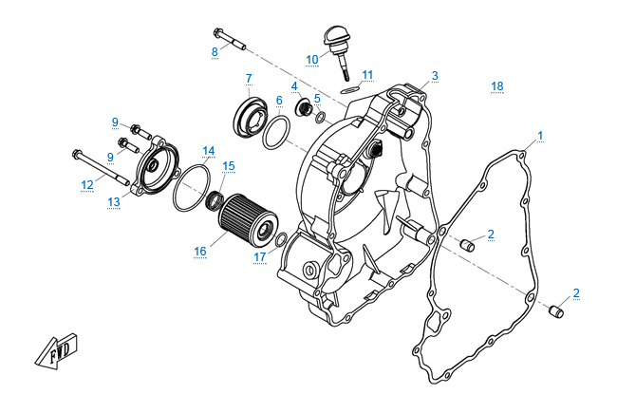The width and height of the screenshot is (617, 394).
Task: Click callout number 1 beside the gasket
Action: pos(540,135)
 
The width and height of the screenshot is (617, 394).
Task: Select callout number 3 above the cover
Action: pos(435,75)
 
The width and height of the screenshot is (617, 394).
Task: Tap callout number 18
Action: pos(496,86)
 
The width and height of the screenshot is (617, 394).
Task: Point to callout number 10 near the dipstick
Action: pos(312,59)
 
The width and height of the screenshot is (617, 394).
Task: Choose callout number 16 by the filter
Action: pos(200,252)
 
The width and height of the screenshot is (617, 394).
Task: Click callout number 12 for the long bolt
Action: pos(86,184)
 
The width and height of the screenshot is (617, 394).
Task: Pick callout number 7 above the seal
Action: pos(249,78)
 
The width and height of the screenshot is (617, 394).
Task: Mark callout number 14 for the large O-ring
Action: pos(208,150)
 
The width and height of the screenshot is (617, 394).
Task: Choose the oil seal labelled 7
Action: pos(254,117)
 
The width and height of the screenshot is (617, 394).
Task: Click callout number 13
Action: pos(113,201)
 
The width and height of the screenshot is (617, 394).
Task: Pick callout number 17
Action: pos(258,256)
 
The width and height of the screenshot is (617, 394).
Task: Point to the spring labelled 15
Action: pos(215,199)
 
